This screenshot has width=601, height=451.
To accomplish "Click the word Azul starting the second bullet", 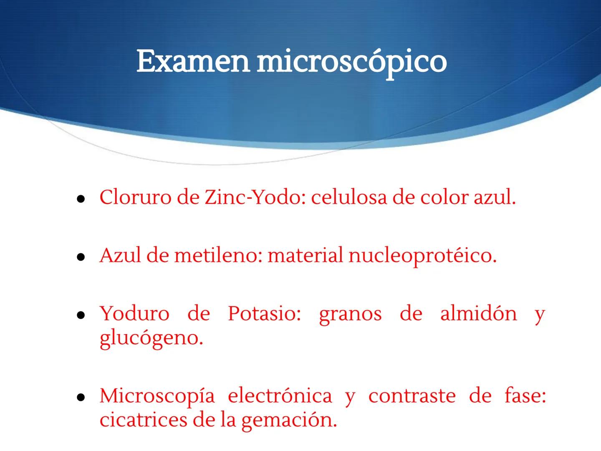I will tap(120, 255).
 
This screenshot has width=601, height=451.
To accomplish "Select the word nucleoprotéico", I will tap(422, 256).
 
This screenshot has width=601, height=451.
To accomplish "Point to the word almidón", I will tap(478, 314).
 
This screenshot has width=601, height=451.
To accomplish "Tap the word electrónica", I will tap(280, 395).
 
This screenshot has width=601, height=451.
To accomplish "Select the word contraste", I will tap(412, 395).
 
